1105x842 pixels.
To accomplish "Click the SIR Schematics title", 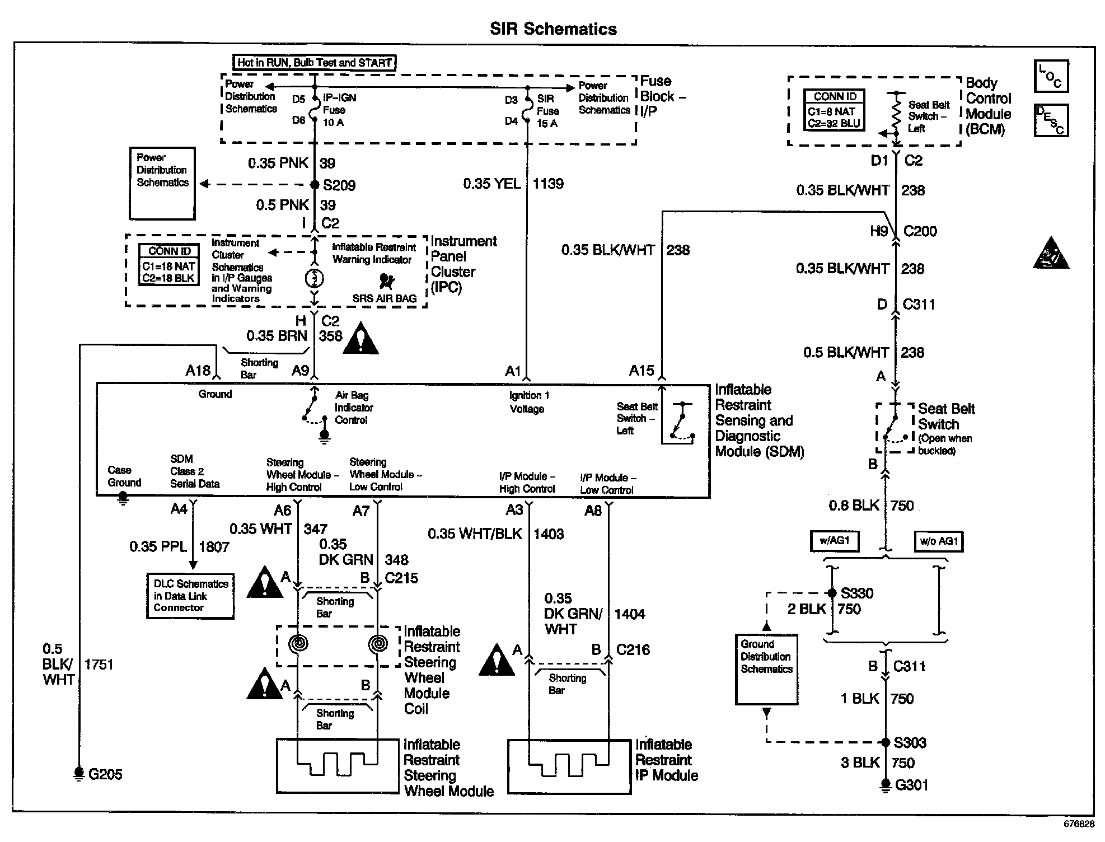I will click(x=553, y=29).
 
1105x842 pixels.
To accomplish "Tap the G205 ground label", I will click(x=105, y=775).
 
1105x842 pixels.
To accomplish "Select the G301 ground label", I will click(x=911, y=785).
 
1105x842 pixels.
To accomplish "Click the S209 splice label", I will click(x=339, y=185).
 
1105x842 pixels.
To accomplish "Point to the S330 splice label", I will click(x=857, y=593).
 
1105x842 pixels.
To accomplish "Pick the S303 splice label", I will click(x=910, y=743).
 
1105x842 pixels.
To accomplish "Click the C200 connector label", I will click(x=920, y=231).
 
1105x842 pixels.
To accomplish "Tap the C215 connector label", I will click(x=401, y=578).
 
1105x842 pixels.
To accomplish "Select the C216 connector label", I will click(x=633, y=650).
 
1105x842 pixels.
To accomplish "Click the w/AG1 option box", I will click(x=835, y=541).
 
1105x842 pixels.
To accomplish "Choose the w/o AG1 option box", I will click(x=939, y=541).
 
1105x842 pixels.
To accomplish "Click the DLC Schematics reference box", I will click(x=190, y=596).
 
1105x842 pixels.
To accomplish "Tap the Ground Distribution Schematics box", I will click(x=766, y=668).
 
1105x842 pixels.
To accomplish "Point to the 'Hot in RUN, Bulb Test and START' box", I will click(x=314, y=63).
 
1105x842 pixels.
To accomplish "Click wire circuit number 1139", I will click(x=548, y=184).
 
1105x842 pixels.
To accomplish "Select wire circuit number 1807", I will click(x=214, y=547).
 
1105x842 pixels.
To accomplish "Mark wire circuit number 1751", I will click(x=99, y=665).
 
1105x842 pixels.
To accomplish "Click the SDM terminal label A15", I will click(x=642, y=371).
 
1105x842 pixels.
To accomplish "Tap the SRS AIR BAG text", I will click(x=385, y=298).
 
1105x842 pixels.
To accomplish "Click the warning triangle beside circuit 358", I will click(x=361, y=339).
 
